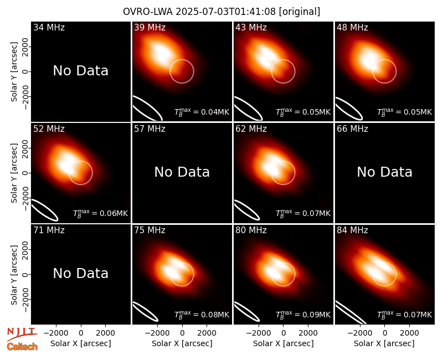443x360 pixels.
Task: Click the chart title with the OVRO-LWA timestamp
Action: pos(221,12)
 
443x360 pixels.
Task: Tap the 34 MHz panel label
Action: pos(49,27)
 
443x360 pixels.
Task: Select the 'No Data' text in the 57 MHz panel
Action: pos(182,172)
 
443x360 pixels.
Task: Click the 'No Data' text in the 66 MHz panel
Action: pos(384,172)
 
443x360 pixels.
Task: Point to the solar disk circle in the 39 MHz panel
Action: pos(194,71)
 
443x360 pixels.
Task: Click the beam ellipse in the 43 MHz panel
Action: pos(249,109)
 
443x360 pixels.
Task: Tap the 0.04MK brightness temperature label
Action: pos(202,112)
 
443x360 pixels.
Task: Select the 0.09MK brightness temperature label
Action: pos(303,315)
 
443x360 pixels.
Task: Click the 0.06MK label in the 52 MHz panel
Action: pos(101,213)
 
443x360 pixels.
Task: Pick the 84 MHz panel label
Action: pos(352,230)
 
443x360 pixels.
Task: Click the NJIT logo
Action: pos(22,334)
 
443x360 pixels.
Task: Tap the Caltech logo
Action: pos(22,347)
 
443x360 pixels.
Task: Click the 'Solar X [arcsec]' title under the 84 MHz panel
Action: pos(384,343)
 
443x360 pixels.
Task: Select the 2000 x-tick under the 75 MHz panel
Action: pos(207,333)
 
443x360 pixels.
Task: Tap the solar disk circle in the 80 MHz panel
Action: pos(295,274)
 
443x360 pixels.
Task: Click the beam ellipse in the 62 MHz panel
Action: pos(247,210)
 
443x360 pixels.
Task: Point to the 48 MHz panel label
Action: pos(352,27)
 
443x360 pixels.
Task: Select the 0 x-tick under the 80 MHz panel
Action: pos(284,333)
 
